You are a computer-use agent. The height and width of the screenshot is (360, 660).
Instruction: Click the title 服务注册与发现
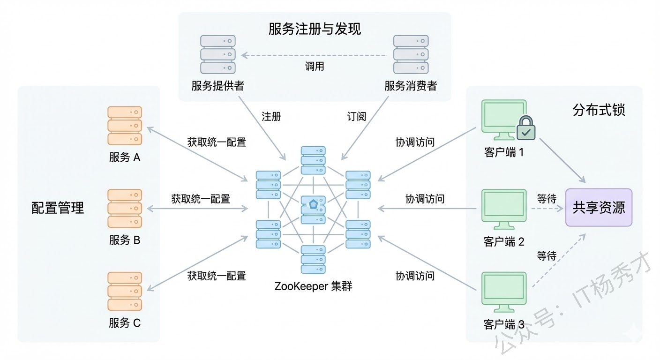[315, 29]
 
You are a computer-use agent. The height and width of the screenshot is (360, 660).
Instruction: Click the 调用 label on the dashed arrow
[314, 66]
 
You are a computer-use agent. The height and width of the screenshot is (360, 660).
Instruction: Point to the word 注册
[271, 116]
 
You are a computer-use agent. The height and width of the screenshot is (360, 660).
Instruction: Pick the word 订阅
[356, 116]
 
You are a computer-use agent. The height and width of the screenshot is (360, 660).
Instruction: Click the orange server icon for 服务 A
[125, 126]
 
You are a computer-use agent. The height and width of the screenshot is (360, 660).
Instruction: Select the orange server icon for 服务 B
[125, 209]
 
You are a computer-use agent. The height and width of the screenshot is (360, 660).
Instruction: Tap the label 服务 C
[125, 322]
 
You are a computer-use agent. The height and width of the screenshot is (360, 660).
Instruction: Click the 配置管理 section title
[58, 208]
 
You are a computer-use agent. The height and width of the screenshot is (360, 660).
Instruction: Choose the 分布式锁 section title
[599, 110]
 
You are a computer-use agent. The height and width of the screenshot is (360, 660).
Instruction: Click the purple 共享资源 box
[599, 208]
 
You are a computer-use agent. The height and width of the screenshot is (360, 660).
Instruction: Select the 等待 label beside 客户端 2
[547, 199]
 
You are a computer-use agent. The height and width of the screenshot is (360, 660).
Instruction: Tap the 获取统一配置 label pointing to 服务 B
[201, 199]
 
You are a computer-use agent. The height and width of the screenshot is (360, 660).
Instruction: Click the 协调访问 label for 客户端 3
[415, 276]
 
